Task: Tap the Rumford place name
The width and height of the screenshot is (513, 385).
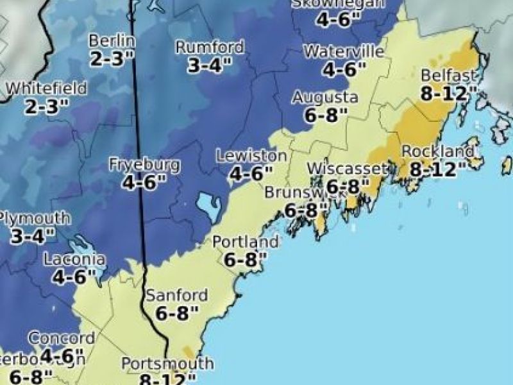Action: point(210,47)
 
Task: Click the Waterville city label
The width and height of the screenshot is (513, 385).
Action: point(344,52)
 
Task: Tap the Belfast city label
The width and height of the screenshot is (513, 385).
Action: point(448,75)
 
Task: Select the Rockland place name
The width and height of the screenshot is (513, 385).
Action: point(438,152)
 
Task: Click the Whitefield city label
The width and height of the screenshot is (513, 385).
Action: point(46,89)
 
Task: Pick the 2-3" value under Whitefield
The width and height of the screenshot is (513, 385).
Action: point(46,107)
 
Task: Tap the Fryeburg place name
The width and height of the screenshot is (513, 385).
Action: point(144,165)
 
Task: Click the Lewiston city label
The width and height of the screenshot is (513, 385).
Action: point(251,156)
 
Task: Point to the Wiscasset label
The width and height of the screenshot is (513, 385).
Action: point(348,169)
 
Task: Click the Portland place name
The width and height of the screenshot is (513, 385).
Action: point(246,243)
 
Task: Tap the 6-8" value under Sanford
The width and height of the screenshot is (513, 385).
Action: point(177,314)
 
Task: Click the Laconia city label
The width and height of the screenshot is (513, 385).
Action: point(74,260)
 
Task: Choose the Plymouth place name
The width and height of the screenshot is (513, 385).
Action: point(28,218)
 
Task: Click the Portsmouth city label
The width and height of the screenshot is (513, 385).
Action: point(167,364)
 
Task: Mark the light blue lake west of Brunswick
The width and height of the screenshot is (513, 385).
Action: point(209,207)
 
